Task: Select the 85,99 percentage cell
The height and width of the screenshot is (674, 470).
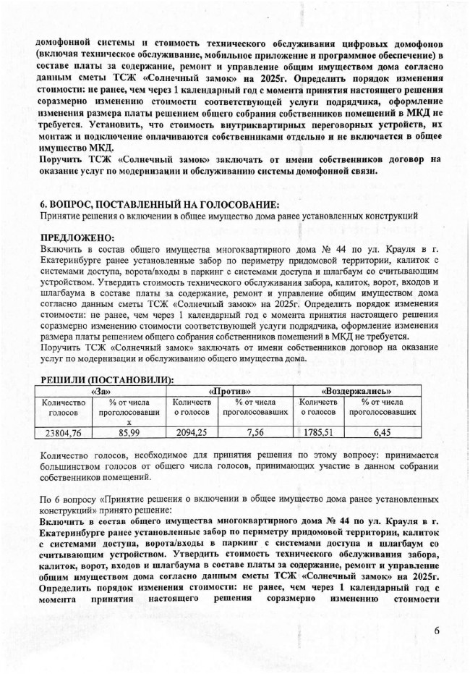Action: (x=128, y=433)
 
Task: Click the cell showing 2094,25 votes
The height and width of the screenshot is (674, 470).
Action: (x=192, y=433)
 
